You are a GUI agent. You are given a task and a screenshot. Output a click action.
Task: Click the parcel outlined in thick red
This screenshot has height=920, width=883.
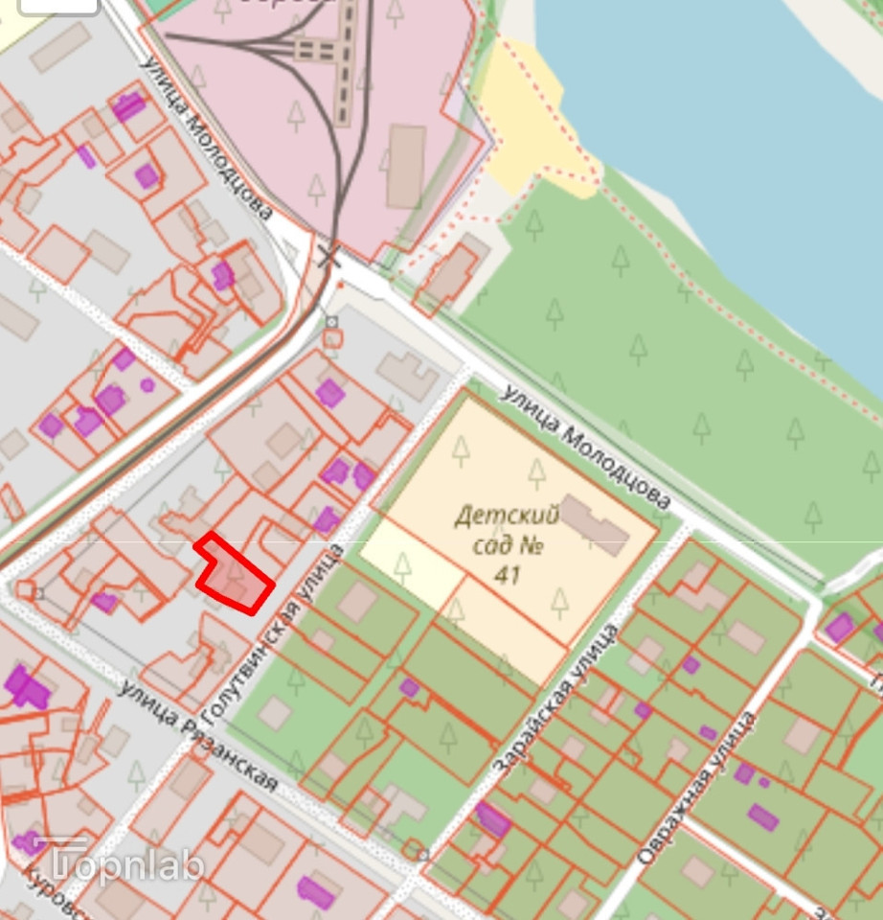[x=233, y=576]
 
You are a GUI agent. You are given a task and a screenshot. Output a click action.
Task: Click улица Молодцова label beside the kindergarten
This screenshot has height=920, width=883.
[x=585, y=447]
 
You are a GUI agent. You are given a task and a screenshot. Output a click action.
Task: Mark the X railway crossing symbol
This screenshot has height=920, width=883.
[x=329, y=256]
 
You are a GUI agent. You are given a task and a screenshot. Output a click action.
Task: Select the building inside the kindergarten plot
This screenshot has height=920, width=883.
[x=594, y=523]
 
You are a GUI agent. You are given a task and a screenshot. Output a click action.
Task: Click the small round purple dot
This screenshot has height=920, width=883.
[x=147, y=385]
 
